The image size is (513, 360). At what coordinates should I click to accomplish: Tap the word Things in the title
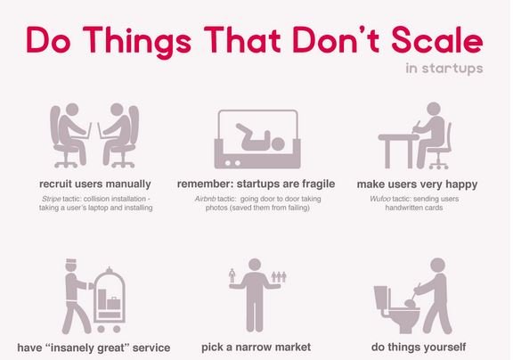pyautogui.click(x=137, y=43)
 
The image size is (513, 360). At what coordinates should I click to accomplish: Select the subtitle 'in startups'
pyautogui.click(x=444, y=69)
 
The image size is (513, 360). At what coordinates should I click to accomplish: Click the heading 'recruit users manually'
pyautogui.click(x=95, y=184)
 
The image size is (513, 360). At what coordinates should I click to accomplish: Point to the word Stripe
pyautogui.click(x=52, y=199)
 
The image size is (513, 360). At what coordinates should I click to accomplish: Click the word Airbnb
pyautogui.click(x=205, y=199)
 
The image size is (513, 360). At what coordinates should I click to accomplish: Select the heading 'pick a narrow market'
pyautogui.click(x=256, y=347)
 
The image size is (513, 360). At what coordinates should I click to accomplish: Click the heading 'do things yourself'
pyautogui.click(x=419, y=348)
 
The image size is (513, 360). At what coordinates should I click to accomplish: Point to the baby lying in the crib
pyautogui.click(x=260, y=138)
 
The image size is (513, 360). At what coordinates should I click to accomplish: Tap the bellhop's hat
pyautogui.click(x=71, y=261)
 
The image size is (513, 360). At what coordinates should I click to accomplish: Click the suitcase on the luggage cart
pyautogui.click(x=113, y=303)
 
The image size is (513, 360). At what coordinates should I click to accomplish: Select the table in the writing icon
pyautogui.click(x=398, y=151)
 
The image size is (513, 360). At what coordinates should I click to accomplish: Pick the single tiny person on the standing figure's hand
pyautogui.click(x=232, y=276)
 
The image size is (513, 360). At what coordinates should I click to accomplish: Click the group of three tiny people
pyautogui.click(x=279, y=277)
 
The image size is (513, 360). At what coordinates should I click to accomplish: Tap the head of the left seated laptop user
pyautogui.click(x=72, y=110)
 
